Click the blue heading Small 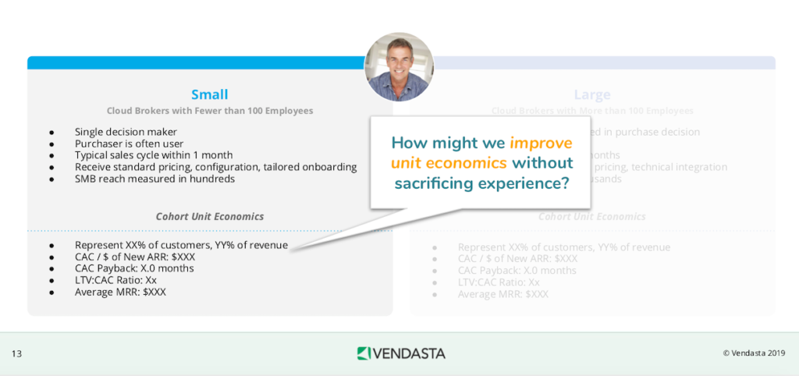[x=209, y=94]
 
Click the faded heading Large [x=592, y=94]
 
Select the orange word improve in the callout [x=541, y=143]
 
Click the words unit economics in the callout [x=449, y=163]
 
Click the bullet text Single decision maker [x=126, y=132]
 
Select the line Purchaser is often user [x=128, y=144]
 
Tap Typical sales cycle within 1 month [x=154, y=155]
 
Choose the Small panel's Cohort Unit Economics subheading [x=209, y=216]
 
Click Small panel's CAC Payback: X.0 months [x=134, y=268]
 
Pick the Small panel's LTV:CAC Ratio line [x=115, y=280]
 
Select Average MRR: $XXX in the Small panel [x=120, y=292]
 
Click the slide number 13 [x=16, y=354]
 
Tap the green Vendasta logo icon [x=364, y=353]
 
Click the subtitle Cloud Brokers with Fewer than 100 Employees [x=209, y=111]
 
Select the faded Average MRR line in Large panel [x=503, y=294]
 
